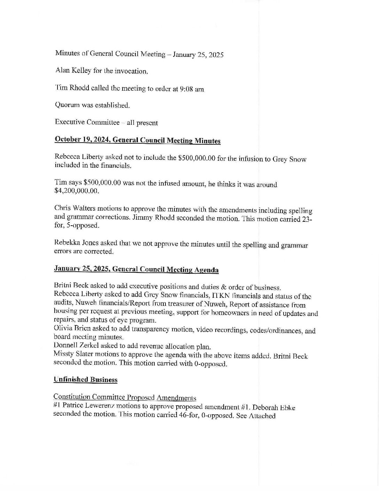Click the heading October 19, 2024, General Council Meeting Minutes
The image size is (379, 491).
point(137,140)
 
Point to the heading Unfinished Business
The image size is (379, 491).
point(85,380)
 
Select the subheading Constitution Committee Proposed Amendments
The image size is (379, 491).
point(124,398)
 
